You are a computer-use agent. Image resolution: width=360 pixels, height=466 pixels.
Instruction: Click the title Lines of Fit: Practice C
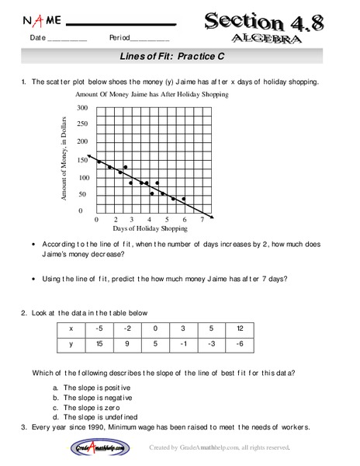180,57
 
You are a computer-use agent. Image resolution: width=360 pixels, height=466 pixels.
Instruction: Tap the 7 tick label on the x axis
202,220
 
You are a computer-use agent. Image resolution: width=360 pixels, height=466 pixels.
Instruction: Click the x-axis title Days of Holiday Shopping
150,229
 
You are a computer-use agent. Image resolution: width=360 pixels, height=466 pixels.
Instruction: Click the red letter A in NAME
38,20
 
